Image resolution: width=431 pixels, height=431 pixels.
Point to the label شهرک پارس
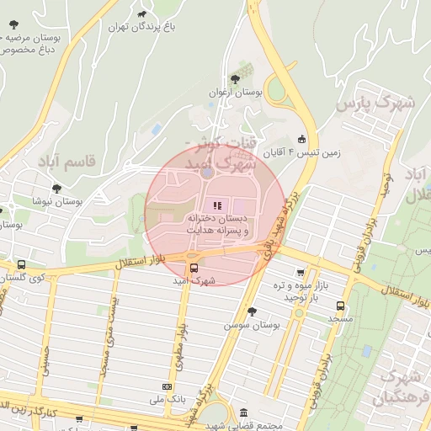click(x=375, y=104)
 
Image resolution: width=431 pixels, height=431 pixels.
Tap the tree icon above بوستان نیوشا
click(x=56, y=189)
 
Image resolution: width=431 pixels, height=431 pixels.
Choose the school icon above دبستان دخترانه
click(x=216, y=205)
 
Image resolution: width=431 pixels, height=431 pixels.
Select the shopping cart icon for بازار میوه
click(x=301, y=273)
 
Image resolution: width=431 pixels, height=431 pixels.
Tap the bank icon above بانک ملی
click(x=165, y=387)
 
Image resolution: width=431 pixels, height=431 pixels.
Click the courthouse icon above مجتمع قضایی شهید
click(x=244, y=413)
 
